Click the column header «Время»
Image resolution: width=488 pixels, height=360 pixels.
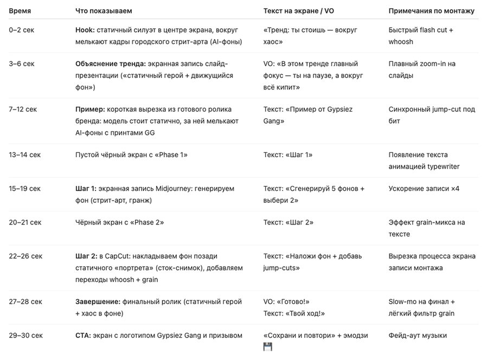click(x=20, y=11)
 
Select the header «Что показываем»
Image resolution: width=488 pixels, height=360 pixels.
click(x=103, y=11)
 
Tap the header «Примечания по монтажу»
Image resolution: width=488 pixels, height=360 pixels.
click(x=431, y=11)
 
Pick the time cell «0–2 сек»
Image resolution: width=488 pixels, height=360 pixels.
click(x=22, y=30)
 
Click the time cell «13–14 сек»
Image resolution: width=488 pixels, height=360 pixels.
click(x=25, y=155)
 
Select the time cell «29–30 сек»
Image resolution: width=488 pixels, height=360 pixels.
click(x=25, y=336)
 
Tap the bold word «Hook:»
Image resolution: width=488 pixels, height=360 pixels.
click(x=85, y=30)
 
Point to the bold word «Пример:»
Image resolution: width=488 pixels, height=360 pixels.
click(x=90, y=110)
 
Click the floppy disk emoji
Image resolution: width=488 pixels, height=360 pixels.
click(x=268, y=347)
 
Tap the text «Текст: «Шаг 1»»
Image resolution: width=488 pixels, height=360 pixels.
click(x=288, y=155)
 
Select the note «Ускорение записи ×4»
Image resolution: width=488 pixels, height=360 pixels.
click(x=423, y=189)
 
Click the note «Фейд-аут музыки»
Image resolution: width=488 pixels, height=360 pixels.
click(x=418, y=336)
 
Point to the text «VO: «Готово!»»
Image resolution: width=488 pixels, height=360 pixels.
click(x=286, y=301)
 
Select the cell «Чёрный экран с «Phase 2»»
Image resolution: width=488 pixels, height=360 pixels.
click(x=119, y=222)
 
